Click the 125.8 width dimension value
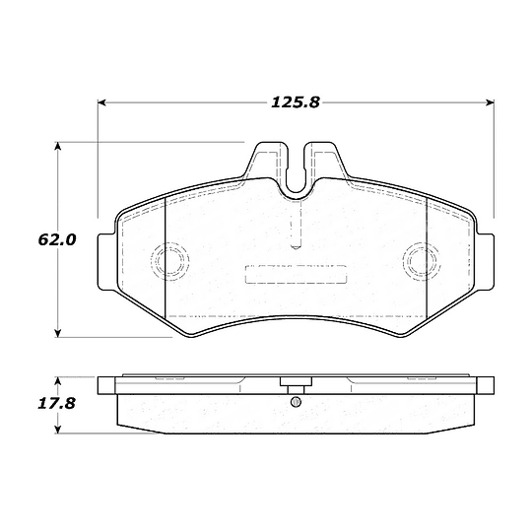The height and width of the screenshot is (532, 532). point(296,102)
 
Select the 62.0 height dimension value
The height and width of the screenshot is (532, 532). point(57,239)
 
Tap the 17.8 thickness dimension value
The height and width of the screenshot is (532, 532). point(56,404)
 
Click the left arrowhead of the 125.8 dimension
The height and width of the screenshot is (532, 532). point(102,102)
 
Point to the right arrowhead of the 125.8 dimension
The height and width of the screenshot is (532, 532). point(490,102)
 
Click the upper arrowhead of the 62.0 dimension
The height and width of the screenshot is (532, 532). point(58,146)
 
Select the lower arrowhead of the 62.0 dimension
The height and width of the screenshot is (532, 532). point(58,333)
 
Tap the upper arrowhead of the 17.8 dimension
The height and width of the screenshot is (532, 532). point(58,380)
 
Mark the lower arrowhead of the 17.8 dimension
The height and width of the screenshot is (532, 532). point(58,430)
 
